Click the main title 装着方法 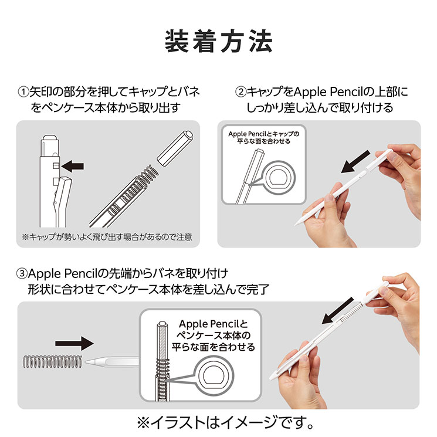218,40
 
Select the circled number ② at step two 240,92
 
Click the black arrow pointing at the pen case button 72,167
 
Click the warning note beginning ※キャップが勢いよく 107,238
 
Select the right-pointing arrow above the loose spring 74,343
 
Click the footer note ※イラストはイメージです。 218,422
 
